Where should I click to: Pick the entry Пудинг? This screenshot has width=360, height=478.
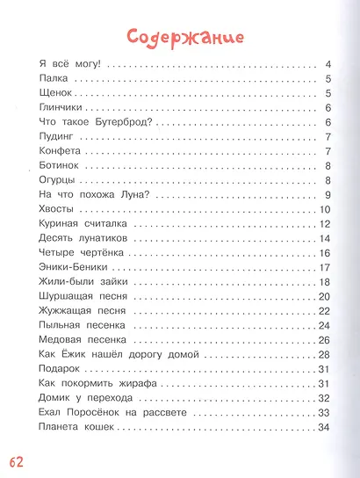click(x=60, y=137)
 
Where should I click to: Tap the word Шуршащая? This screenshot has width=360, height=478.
click(x=71, y=296)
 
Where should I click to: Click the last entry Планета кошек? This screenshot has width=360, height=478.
click(x=78, y=426)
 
